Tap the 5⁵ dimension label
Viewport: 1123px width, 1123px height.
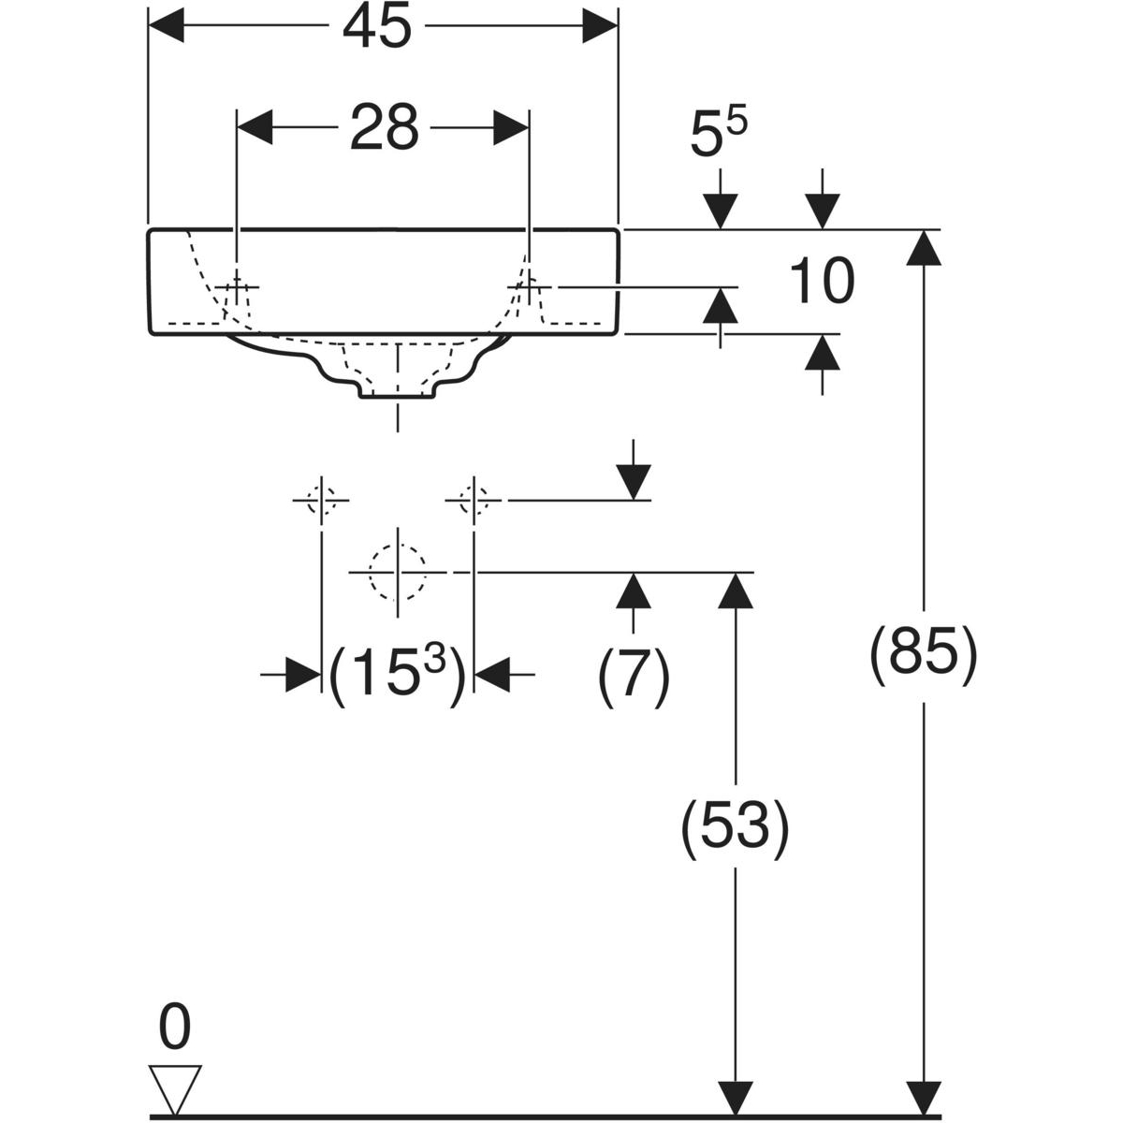coord(719,135)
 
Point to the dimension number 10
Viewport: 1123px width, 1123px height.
coord(822,283)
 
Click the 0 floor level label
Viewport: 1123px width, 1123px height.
coord(174,1028)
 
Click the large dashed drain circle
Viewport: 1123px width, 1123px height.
coord(399,571)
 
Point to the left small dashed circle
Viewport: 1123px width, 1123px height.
coord(321,501)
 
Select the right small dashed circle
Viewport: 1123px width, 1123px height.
coord(474,501)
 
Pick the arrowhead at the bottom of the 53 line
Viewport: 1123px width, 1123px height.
coord(736,1097)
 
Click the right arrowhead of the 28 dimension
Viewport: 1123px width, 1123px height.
coord(512,128)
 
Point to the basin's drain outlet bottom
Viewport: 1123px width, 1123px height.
coord(399,396)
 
